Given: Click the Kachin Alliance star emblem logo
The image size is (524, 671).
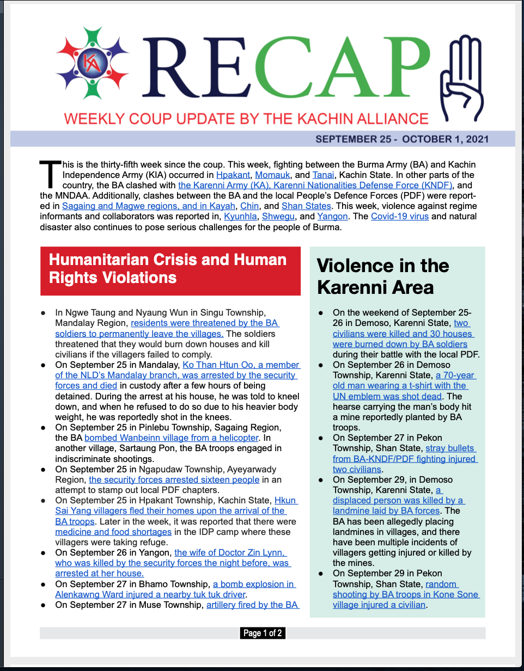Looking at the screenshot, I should point(92,63).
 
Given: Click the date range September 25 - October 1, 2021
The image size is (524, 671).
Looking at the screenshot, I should point(401,139).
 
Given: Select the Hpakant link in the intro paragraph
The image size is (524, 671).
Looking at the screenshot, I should point(233,175).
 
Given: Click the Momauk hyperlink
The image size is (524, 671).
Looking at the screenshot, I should point(272,175).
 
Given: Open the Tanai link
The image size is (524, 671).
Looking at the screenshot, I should point(323,175).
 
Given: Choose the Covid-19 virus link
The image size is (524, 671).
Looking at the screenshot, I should point(399,217).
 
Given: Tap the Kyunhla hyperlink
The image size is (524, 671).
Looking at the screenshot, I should point(240,217).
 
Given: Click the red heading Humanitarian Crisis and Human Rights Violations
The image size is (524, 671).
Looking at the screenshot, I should point(170,269).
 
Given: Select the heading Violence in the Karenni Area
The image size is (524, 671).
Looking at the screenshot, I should point(383,276).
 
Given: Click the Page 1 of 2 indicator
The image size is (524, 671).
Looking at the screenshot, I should point(263,633).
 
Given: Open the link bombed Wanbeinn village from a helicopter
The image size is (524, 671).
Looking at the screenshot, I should point(172,438).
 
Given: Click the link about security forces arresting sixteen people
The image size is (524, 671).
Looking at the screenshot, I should point(174,480).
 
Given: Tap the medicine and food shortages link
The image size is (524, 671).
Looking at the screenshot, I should point(113,532).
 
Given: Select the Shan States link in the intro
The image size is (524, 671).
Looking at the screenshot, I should point(306,206).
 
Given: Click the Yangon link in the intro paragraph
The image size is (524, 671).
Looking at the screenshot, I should point(332,217).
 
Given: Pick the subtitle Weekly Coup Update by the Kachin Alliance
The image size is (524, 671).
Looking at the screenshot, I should point(246,119).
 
